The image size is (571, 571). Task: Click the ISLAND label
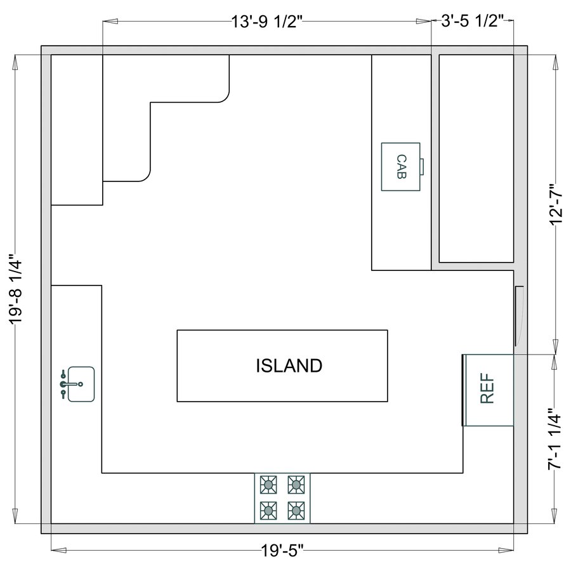pyautogui.click(x=289, y=365)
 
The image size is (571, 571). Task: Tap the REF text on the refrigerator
pyautogui.click(x=487, y=388)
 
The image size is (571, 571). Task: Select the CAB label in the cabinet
pyautogui.click(x=400, y=166)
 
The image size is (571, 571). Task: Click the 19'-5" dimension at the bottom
pyautogui.click(x=281, y=549)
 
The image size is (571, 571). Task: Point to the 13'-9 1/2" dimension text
pyautogui.click(x=269, y=21)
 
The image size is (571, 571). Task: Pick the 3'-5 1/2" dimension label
pyautogui.click(x=472, y=21)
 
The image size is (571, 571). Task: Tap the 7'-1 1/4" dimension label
pyautogui.click(x=556, y=438)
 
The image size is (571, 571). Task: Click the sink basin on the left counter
pyautogui.click(x=82, y=384)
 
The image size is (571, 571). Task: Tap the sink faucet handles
pyautogui.click(x=64, y=384)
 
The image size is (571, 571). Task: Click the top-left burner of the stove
pyautogui.click(x=269, y=485)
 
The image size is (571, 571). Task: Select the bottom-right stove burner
pyautogui.click(x=295, y=509)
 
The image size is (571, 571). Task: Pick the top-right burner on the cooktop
pyautogui.click(x=295, y=485)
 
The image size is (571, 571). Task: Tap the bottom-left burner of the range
pyautogui.click(x=269, y=509)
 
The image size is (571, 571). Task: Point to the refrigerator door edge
pyautogui.click(x=463, y=390)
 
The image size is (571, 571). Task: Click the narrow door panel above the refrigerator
pyautogui.click(x=518, y=317)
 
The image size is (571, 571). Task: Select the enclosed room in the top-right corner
pyautogui.click(x=476, y=159)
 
